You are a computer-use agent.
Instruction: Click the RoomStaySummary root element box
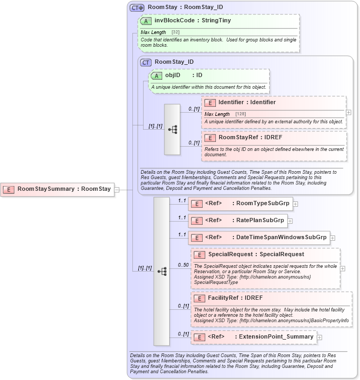(x=57, y=189)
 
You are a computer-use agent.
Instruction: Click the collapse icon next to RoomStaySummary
(x=117, y=189)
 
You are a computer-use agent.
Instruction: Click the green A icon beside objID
(x=156, y=75)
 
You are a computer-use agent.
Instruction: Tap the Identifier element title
(x=247, y=103)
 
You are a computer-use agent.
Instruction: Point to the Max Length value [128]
(x=240, y=114)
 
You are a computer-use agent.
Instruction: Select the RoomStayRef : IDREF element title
(x=250, y=138)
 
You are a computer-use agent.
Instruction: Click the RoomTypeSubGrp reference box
(x=240, y=203)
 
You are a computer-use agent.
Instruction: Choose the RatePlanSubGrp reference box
(x=237, y=220)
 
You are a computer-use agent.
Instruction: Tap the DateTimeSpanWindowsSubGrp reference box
(x=258, y=238)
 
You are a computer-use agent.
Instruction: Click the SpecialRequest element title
(x=256, y=255)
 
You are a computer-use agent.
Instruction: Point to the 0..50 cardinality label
(x=183, y=265)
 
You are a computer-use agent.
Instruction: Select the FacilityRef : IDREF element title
(x=235, y=298)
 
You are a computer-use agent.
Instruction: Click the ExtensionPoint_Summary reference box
(x=254, y=337)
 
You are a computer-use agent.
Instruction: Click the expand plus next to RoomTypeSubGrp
(x=295, y=204)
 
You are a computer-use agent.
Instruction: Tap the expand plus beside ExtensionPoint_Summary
(x=320, y=337)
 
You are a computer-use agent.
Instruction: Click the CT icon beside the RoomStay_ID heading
(x=146, y=62)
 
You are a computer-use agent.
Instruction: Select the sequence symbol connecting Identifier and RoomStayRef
(x=172, y=129)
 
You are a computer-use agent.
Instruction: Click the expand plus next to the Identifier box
(x=348, y=112)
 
